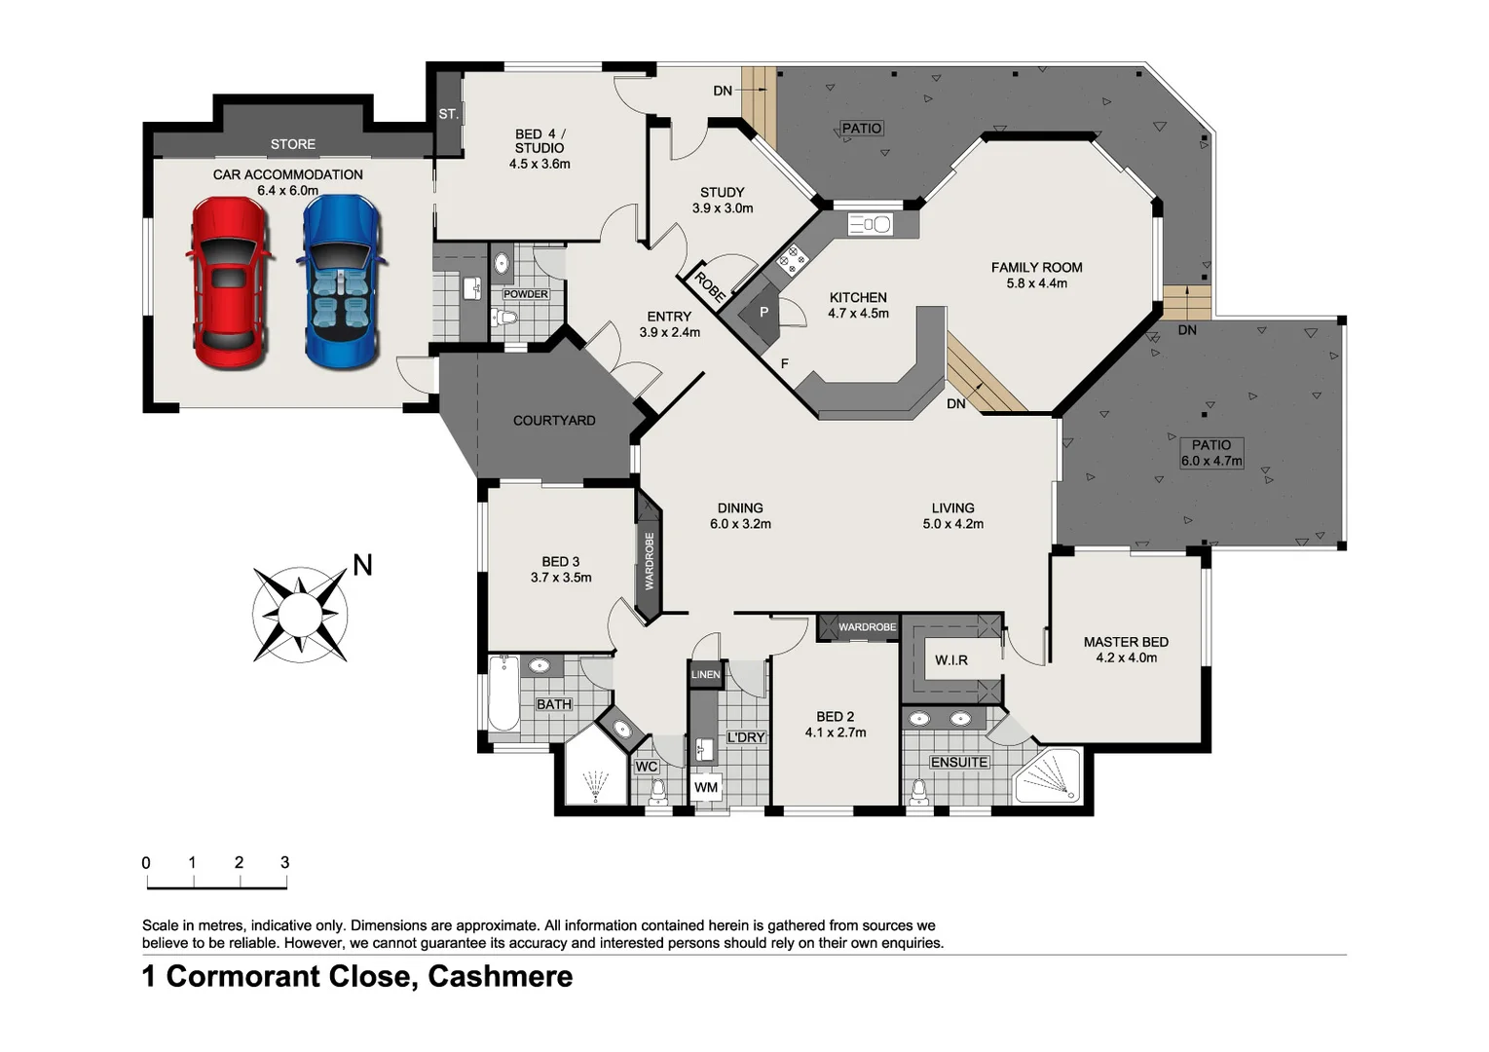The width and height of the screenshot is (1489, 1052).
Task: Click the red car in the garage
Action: [229, 282]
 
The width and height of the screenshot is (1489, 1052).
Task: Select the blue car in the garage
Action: [340, 282]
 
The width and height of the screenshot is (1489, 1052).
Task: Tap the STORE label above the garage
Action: [292, 144]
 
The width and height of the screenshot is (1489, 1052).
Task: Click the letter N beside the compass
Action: [362, 565]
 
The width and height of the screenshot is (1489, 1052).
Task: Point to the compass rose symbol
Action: [300, 615]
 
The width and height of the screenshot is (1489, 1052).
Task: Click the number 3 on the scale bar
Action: [284, 862]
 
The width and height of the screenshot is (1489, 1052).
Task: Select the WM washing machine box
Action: [706, 787]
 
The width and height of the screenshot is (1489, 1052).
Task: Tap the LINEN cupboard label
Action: [705, 674]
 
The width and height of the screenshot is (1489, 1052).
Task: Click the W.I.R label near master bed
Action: [950, 660]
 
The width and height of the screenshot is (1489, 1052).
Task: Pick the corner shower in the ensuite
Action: [1050, 776]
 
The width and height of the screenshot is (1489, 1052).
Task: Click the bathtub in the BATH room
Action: [503, 694]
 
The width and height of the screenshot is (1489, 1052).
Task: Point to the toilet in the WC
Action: [657, 790]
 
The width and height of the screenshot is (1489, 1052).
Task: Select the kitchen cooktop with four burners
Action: [792, 259]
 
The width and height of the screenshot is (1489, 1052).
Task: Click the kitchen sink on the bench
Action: [870, 225]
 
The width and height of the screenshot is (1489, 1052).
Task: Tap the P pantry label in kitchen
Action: [763, 313]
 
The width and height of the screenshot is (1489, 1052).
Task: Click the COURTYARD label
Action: [554, 421]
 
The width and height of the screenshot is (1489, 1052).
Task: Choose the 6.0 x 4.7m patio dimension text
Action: [1211, 461]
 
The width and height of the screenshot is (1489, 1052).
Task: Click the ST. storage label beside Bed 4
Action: [448, 114]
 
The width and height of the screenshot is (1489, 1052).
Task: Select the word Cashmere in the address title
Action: [500, 976]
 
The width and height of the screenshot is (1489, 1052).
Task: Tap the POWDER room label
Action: [525, 294]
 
